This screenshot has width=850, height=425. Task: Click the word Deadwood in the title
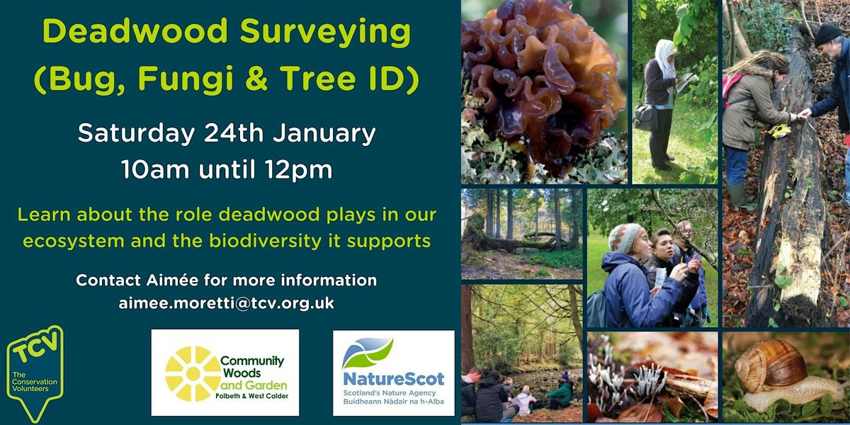pos(135,31)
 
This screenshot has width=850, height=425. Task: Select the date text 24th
pos(233,133)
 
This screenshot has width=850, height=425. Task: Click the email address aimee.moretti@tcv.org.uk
pos(226,303)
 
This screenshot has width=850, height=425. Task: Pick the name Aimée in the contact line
pos(172,280)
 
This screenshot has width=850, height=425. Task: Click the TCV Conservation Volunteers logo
pos(35,374)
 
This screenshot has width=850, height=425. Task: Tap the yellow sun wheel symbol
pos(193,373)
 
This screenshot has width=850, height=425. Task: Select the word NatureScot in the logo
pos(394,379)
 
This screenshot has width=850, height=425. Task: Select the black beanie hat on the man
pos(827,35)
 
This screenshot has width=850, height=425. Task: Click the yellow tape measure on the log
pos(777,131)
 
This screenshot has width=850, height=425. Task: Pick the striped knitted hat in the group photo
pos(624,238)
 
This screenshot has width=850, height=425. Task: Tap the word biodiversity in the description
pos(265,242)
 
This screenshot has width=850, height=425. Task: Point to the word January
pos(324,134)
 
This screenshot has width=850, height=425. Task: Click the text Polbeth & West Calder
pos(252,396)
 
